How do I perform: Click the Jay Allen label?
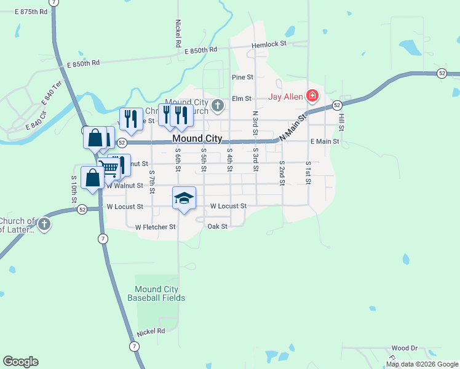pyautogui.click(x=287, y=96)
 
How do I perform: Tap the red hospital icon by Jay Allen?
pyautogui.click(x=312, y=95)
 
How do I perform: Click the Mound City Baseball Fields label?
pyautogui.click(x=156, y=293)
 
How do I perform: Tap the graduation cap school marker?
pyautogui.click(x=184, y=198)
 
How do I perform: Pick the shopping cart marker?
pyautogui.click(x=109, y=167)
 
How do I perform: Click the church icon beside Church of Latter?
pyautogui.click(x=44, y=224)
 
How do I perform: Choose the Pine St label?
pyautogui.click(x=242, y=77)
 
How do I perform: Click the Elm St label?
pyautogui.click(x=242, y=98)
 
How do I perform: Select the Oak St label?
pyautogui.click(x=218, y=226)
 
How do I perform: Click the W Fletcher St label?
pyautogui.click(x=155, y=227)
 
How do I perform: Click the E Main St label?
pyautogui.click(x=325, y=141)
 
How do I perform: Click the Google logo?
pyautogui.click(x=20, y=362)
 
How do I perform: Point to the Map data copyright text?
pyautogui.click(x=422, y=364)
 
